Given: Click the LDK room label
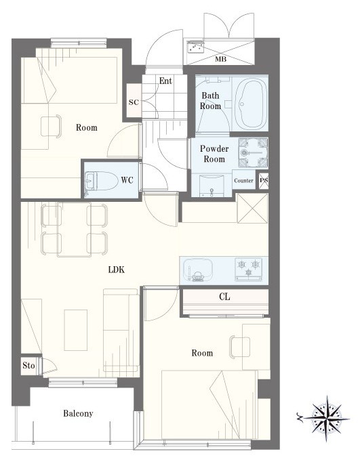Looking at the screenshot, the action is [117, 270].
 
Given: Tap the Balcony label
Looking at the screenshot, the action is [78, 413].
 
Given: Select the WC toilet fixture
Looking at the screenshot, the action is [99, 181].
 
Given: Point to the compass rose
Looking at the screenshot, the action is [326, 419].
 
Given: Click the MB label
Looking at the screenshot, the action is [220, 59].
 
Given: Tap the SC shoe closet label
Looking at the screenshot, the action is [134, 102].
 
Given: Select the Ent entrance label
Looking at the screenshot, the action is [165, 81].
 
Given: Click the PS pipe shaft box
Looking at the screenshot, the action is [264, 180].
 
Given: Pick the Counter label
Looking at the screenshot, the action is [243, 181].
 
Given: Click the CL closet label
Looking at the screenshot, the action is [224, 297].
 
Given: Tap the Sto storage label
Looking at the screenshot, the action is [28, 365].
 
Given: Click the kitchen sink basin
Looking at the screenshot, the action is [197, 269].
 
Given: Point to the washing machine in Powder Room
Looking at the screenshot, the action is [253, 152].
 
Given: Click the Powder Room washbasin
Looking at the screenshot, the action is [212, 186].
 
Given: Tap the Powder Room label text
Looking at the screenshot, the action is [214, 154].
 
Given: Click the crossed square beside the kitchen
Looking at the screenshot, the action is [252, 208].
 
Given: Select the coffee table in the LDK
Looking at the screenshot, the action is [76, 330].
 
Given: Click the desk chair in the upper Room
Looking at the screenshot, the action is [51, 126].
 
